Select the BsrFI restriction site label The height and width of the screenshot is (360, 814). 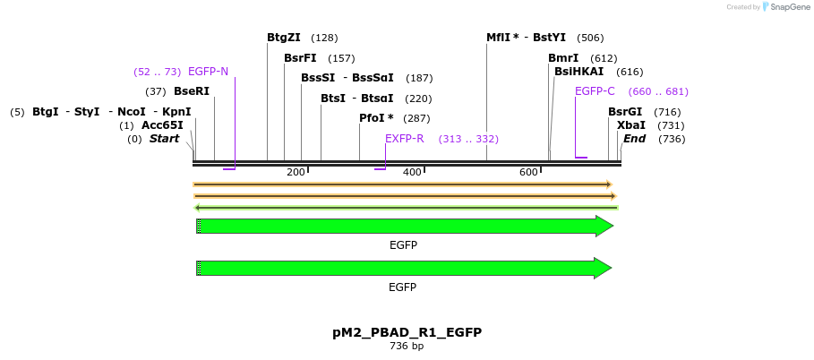pos(300,58)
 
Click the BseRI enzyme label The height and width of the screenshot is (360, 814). pos(191,91)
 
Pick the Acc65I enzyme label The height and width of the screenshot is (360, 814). pos(162,125)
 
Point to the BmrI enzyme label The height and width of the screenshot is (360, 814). pos(563,58)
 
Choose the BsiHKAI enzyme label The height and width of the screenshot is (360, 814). pos(578,72)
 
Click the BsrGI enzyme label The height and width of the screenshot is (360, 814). pos(625,112)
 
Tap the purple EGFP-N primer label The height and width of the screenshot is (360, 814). pos(208,72)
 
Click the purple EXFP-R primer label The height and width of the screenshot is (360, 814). pos(404,139)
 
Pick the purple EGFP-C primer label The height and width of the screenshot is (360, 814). pos(595,91)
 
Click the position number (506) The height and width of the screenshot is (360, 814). pos(590,38)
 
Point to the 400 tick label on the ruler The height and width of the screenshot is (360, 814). pos(412,172)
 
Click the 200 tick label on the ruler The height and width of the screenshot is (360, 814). pos(296,172)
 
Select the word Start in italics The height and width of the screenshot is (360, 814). pos(164,139)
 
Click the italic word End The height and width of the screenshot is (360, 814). pos(634,139)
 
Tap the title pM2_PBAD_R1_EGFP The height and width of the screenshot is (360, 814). pos(407,332)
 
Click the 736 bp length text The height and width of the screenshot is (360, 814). pos(407,346)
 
